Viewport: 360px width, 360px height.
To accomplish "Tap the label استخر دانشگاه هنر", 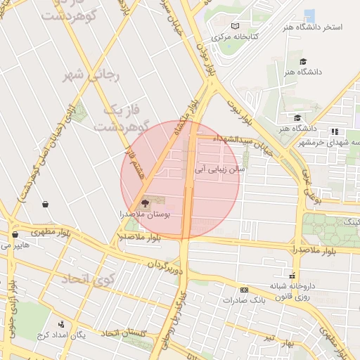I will click(312, 27).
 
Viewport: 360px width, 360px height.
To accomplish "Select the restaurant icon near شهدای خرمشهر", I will click(335, 131).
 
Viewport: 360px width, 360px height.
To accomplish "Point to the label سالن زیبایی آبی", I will click(221, 169).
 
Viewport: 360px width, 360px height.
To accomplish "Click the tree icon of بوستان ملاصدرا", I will click(146, 202).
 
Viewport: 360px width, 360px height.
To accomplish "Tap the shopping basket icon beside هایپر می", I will click(15, 235).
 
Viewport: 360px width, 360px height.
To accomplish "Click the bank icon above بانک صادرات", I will click(244, 290).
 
